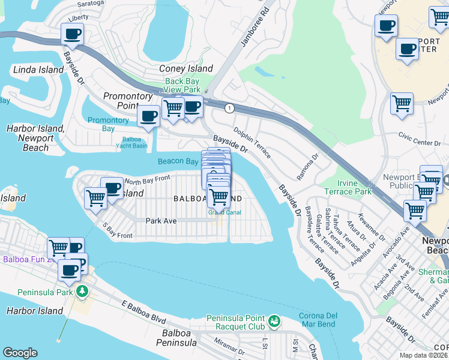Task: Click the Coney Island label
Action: coord(185,68)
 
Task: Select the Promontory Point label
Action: coord(128,101)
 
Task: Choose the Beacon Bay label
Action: coord(178,161)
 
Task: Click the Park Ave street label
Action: coord(161,221)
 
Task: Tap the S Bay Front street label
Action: coord(117,231)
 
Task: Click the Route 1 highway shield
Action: coord(229,108)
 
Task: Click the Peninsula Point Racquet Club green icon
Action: coord(274,322)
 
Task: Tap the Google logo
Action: coord(20,353)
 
